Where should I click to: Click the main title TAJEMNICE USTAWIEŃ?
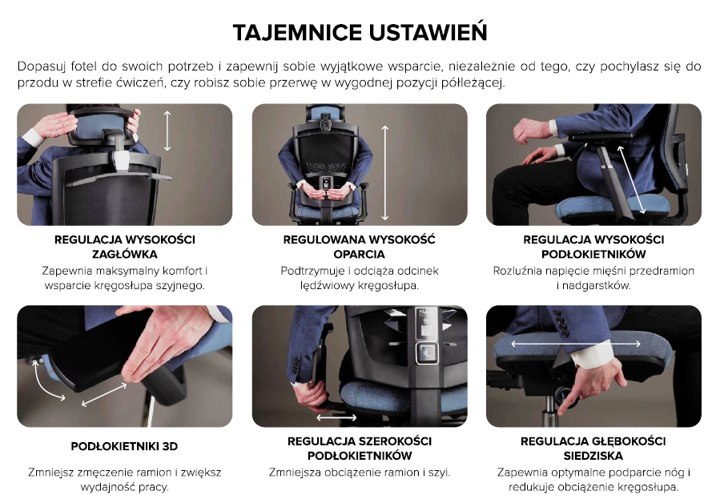tap(360, 32)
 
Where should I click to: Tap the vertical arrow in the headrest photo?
tap(167, 131)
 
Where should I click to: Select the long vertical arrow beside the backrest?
tap(384, 173)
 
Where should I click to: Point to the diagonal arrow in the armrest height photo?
tap(631, 179)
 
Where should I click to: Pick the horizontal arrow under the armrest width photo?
tap(336, 417)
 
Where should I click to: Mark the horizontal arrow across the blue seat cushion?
tap(575, 344)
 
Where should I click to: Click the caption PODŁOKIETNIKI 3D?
tap(124, 446)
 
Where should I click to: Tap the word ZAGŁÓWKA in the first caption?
tap(124, 254)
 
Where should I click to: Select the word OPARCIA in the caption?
tap(359, 254)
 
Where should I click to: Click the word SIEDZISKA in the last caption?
tap(593, 456)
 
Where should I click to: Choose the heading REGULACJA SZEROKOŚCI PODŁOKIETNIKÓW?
tap(360, 449)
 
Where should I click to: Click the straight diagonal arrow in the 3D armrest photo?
tap(104, 395)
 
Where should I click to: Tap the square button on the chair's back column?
tap(427, 352)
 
